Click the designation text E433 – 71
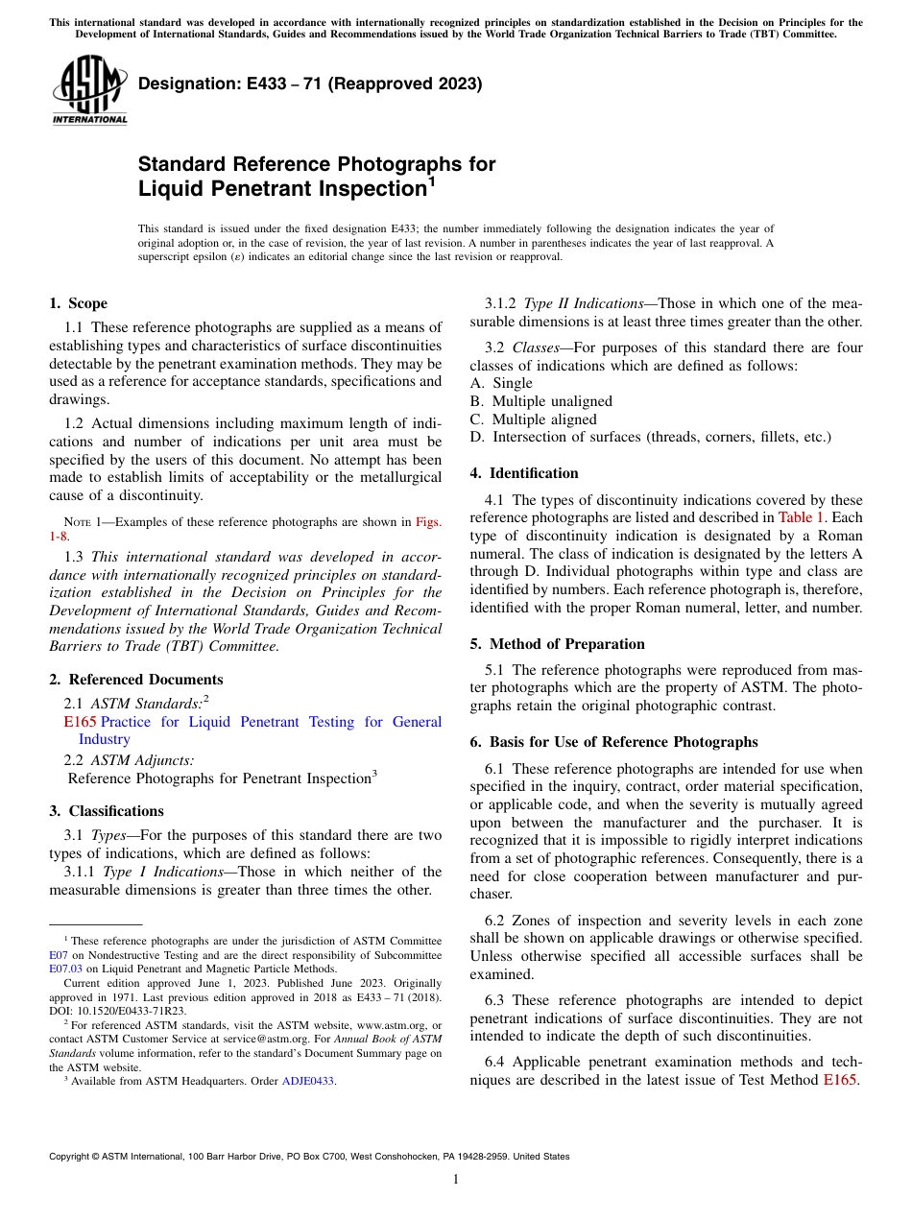(x=310, y=84)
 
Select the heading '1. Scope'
(x=78, y=303)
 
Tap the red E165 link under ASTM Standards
(x=80, y=722)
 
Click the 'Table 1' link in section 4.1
(x=801, y=517)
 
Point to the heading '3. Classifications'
(x=107, y=811)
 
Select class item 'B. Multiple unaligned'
(x=540, y=401)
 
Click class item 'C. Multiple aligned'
(x=533, y=419)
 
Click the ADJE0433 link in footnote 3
(x=308, y=1081)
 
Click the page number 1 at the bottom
(x=456, y=1180)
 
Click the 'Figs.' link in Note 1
(x=428, y=522)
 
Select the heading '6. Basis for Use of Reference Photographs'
(x=613, y=742)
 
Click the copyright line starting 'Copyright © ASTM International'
(x=309, y=1157)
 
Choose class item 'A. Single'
(x=500, y=383)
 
